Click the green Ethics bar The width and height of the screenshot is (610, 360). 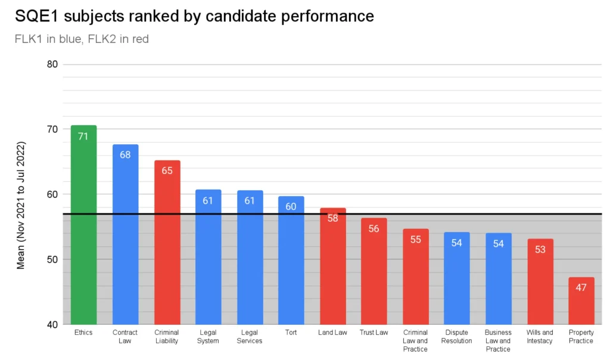tap(83, 226)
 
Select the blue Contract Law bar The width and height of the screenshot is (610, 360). tap(125, 238)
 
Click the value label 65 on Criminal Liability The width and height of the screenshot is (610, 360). tap(167, 170)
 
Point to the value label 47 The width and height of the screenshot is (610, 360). tap(581, 287)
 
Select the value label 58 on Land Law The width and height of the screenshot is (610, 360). tap(332, 218)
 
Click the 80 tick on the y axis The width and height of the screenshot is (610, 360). tap(52, 64)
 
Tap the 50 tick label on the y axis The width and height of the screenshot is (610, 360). tap(52, 260)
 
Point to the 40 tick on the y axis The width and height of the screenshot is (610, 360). tap(52, 325)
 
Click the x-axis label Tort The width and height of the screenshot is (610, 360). tap(291, 333)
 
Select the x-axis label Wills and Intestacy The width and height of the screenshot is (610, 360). tap(540, 337)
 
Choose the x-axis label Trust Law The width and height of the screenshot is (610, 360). tap(374, 333)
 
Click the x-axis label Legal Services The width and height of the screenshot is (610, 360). tap(250, 337)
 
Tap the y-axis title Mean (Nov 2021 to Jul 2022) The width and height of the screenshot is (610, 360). tap(21, 206)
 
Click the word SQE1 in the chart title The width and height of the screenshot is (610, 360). tap(33, 16)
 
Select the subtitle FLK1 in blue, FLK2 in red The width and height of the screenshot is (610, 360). tap(82, 39)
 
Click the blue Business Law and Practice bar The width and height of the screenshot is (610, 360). tap(498, 280)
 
